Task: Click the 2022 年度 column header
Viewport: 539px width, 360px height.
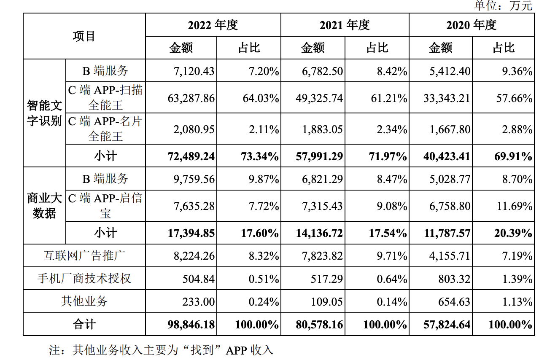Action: (213, 25)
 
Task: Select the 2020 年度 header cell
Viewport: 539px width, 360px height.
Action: (471, 25)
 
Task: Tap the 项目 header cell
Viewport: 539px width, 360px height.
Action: (84, 36)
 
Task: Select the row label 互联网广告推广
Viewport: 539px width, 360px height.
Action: (84, 255)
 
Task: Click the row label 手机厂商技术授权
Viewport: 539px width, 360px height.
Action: (84, 278)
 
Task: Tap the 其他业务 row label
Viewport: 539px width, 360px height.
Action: (84, 301)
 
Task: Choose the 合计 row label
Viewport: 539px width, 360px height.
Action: (84, 325)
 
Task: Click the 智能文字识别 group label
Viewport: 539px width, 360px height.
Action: (44, 113)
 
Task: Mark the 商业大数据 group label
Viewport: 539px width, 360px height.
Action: (44, 205)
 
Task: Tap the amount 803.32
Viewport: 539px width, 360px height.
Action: (455, 278)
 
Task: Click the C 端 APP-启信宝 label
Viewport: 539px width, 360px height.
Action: (105, 205)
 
